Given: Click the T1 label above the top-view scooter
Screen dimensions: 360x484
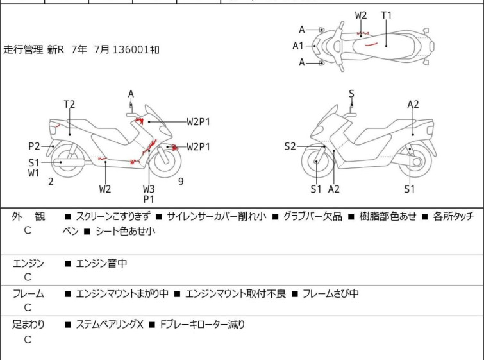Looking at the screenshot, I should point(386,15).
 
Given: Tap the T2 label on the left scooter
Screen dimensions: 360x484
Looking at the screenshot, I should point(69,104).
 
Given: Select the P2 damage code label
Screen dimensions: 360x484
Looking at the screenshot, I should point(34,146).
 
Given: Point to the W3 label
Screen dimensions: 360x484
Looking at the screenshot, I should point(149,189).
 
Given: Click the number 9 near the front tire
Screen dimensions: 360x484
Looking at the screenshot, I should point(181,182).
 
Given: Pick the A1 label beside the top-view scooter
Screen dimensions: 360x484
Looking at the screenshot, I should point(298,46).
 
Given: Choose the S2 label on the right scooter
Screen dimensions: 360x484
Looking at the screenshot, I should point(290,147).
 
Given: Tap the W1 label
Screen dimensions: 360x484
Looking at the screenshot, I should point(34,173).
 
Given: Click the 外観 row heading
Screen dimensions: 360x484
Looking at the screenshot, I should point(28,217).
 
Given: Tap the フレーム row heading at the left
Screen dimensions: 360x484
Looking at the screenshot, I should point(28,294).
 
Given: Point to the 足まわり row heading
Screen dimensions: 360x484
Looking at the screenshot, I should point(28,325).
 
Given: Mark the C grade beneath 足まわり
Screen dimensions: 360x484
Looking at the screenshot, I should point(28,339).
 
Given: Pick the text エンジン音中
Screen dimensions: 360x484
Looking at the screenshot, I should point(101,263).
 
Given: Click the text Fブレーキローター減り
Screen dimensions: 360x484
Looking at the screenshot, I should point(203,325).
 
